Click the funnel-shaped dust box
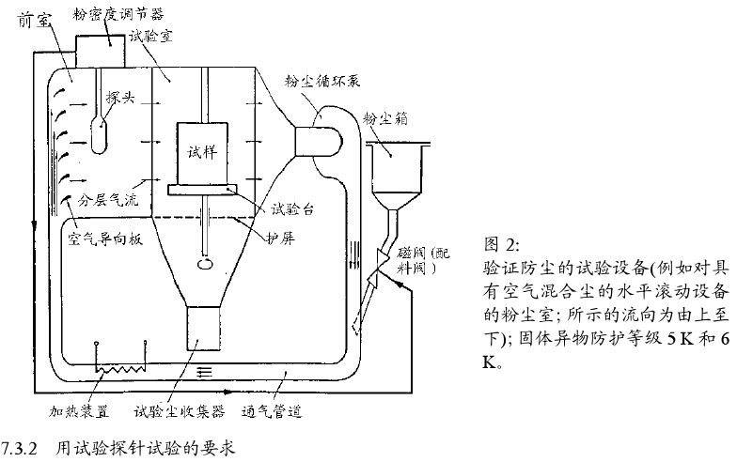[395, 169]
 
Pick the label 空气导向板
[103, 239]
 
